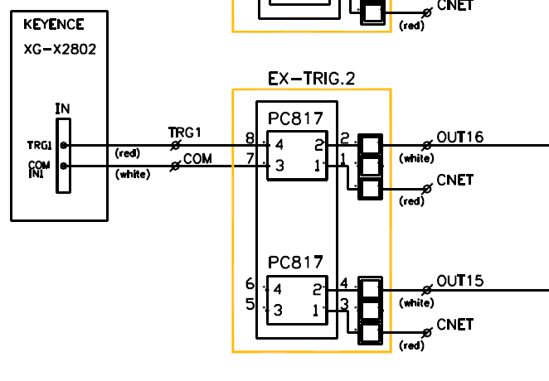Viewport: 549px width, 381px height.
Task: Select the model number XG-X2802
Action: pos(60,49)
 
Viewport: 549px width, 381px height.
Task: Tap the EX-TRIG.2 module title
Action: pos(311,79)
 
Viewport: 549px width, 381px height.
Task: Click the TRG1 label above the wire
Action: pos(185,133)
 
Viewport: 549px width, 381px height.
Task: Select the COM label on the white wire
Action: pos(198,158)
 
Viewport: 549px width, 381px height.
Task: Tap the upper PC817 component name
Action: pos(295,118)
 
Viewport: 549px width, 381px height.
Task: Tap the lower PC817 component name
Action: pos(295,263)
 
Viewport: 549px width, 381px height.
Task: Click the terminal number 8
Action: pos(250,138)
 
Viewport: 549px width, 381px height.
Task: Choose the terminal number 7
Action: pos(250,158)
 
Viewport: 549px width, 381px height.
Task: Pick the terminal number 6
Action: pos(250,284)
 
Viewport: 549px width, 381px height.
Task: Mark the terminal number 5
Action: pos(250,304)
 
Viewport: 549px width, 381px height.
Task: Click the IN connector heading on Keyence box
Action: pos(62,109)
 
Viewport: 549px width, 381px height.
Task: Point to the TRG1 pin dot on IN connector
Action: pos(64,145)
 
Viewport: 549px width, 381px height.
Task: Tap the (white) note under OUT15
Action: pos(416,302)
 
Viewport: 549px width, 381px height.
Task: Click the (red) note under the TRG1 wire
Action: pos(127,153)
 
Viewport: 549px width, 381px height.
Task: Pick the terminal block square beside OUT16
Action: pos(370,146)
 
